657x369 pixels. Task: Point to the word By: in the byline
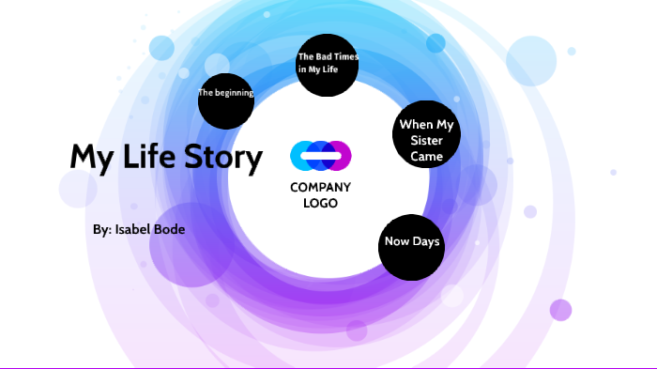102,229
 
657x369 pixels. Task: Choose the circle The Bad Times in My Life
328,64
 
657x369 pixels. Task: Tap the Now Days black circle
412,246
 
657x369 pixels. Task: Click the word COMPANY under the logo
320,188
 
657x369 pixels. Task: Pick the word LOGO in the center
320,203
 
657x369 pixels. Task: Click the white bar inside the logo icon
320,154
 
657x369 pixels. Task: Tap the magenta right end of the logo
343,154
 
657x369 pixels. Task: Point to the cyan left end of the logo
298,154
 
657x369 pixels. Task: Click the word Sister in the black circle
426,141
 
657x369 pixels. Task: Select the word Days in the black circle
425,242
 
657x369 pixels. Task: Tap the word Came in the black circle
426,157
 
